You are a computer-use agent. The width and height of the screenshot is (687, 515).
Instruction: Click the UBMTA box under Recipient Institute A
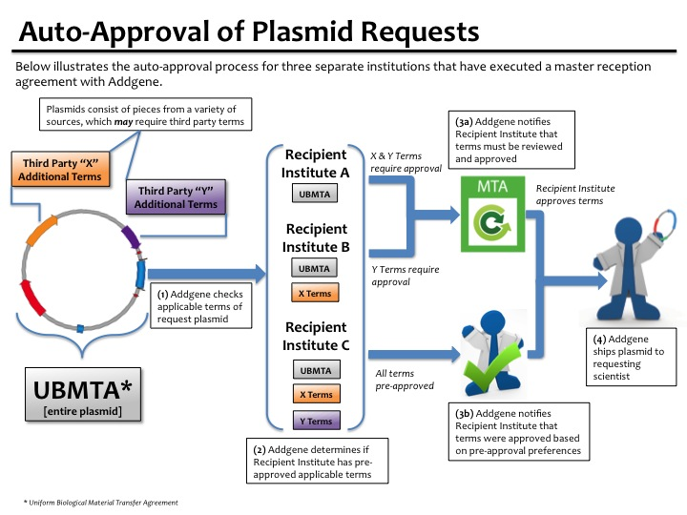click(316, 194)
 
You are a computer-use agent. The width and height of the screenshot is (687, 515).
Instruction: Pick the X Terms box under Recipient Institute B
click(316, 293)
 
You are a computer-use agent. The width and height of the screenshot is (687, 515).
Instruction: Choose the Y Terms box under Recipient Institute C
click(316, 421)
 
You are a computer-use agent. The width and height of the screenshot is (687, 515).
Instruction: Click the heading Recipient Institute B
click(316, 238)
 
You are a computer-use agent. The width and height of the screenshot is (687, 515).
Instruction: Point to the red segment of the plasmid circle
click(36, 300)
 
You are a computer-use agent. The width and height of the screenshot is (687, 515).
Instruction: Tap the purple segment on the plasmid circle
click(130, 237)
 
